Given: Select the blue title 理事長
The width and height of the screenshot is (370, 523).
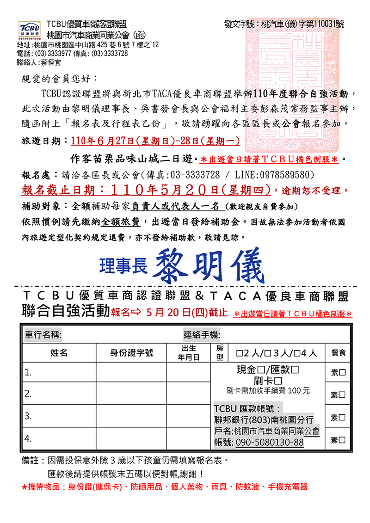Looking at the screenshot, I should point(123,265).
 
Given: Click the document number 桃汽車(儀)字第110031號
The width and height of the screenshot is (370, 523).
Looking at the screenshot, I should point(302,24).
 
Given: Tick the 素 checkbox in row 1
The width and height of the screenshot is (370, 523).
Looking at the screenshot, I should point(342,373).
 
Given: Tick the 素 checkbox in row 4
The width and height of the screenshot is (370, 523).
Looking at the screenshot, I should point(342,440).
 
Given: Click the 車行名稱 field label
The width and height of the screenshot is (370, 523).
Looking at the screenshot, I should point(43,335).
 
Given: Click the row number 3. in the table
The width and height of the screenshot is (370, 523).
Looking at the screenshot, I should point(28,416).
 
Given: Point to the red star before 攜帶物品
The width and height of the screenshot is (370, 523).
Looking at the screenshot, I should point(25,487).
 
